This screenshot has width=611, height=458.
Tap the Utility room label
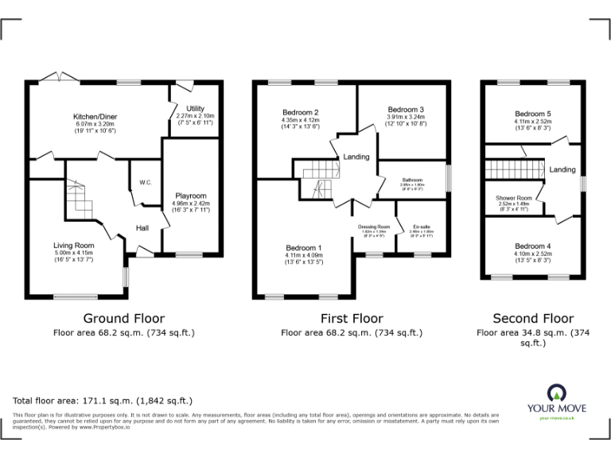(x=195, y=108)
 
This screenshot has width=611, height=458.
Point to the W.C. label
(x=146, y=182)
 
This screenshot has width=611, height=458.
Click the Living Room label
(x=73, y=246)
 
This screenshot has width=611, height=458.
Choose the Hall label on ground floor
(x=142, y=228)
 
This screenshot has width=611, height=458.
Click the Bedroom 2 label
(x=300, y=112)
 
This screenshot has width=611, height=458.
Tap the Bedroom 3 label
(x=406, y=109)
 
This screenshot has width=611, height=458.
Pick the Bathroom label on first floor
(x=412, y=180)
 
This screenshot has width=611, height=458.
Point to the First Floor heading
(x=351, y=318)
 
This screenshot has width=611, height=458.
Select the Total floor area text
(x=103, y=400)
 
